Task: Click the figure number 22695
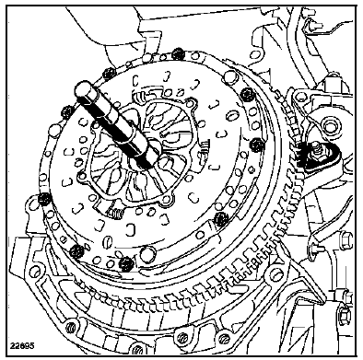click(22, 345)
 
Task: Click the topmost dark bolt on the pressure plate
click(177, 54)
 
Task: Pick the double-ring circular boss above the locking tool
click(330, 126)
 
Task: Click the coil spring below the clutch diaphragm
click(116, 213)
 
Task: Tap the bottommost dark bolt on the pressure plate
click(126, 263)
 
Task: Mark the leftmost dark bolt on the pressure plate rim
click(43, 200)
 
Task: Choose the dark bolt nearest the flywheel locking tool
click(257, 145)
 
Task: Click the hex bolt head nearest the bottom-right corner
click(343, 314)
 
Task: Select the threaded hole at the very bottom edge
click(136, 349)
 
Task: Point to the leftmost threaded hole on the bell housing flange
click(72, 326)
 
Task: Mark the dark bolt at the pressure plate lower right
click(220, 218)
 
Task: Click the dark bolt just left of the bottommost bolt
click(76, 251)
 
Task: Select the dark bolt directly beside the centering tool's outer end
click(67, 112)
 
